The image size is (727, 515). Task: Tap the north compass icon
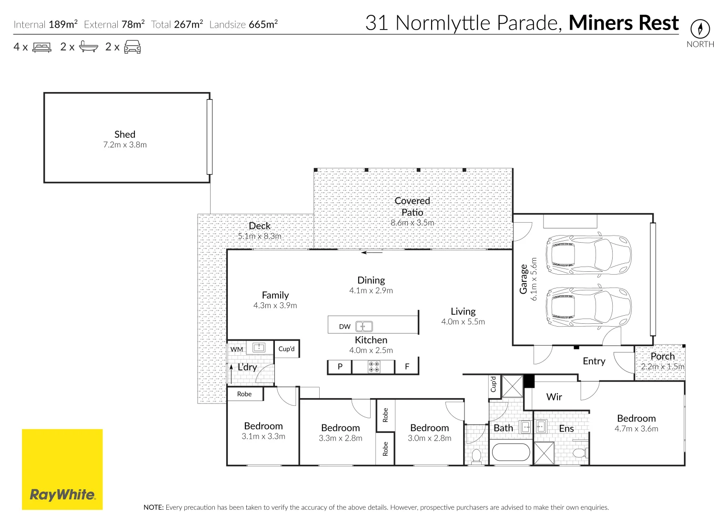click(x=700, y=29)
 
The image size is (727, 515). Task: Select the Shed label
click(x=125, y=134)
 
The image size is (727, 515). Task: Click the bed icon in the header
click(x=42, y=47)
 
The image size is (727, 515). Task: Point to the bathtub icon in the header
click(x=88, y=47)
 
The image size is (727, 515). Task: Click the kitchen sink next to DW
click(x=364, y=327)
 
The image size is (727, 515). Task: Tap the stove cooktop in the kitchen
click(x=374, y=367)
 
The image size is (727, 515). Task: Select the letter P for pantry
click(x=340, y=367)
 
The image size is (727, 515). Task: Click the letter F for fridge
click(x=407, y=367)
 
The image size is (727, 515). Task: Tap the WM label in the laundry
click(x=237, y=349)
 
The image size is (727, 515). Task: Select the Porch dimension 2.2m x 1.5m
click(x=662, y=367)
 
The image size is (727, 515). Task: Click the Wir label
click(x=554, y=397)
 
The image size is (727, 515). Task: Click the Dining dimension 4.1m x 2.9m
click(x=371, y=290)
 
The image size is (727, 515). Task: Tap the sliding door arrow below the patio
click(x=372, y=253)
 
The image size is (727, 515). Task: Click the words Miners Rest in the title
click(x=623, y=23)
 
